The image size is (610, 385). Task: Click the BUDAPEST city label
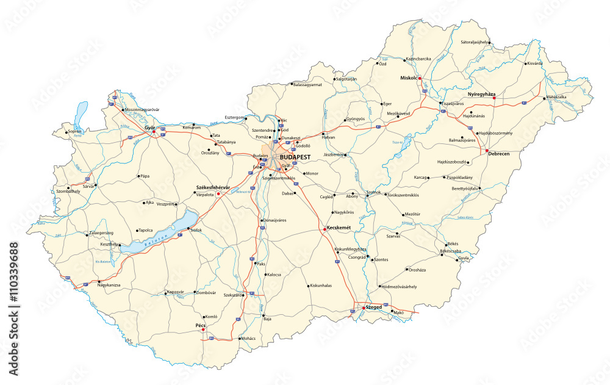point(295,157)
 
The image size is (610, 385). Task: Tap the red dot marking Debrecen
point(487,151)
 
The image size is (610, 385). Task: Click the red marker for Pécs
point(203,331)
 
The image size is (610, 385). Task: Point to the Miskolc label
point(407,78)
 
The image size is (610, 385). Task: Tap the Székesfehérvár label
point(213,187)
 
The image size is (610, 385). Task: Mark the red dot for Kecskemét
point(324,229)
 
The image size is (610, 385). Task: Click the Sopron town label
point(74,131)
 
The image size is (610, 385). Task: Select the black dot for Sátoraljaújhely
point(489,43)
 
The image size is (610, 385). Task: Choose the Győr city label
point(149,128)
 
